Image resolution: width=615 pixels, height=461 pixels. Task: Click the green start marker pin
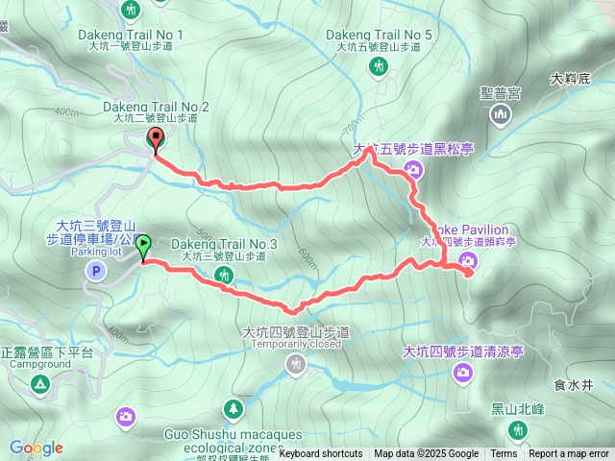(143, 246)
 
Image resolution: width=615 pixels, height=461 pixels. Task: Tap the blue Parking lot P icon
(95, 272)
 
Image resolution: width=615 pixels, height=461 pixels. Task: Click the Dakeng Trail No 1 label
(130, 35)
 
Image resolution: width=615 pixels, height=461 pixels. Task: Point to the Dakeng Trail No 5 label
(379, 35)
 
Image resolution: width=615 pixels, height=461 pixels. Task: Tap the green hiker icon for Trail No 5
(380, 65)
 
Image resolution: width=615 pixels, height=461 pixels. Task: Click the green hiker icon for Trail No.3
(225, 276)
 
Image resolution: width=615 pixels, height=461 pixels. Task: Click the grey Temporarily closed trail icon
(296, 363)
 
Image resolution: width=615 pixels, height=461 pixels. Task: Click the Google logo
(37, 448)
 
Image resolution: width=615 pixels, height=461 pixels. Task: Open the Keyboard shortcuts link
(321, 454)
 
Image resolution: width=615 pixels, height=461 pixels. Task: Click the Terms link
(504, 454)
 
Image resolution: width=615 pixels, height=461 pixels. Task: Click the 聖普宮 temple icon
(500, 116)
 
